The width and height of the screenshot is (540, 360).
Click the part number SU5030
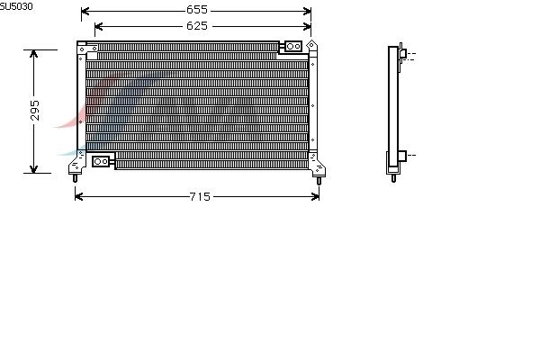click(16, 6)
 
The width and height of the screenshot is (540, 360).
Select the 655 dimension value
click(197, 10)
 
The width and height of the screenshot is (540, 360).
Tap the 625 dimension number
click(197, 26)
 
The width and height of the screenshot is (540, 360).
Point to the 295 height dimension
click(35, 110)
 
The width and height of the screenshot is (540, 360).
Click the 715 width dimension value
click(200, 197)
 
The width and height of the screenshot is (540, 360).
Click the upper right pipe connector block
click(293, 46)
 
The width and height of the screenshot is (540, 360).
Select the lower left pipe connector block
click(101, 161)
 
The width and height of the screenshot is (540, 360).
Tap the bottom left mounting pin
click(75, 178)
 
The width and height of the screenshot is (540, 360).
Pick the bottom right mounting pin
click(319, 181)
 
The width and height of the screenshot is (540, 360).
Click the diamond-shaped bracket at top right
click(311, 45)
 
